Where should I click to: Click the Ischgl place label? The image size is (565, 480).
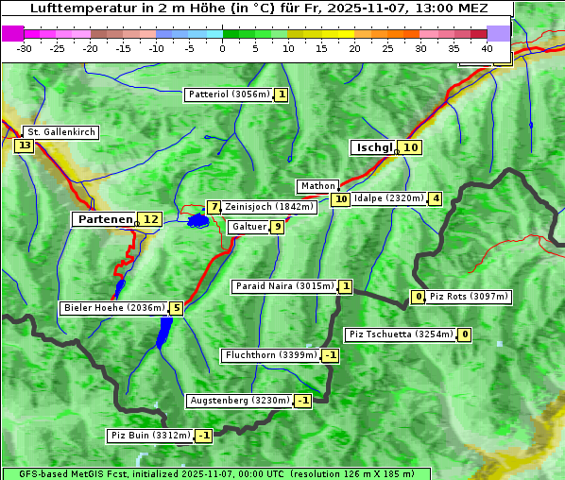click(374, 147)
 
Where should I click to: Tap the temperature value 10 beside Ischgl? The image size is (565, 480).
click(410, 147)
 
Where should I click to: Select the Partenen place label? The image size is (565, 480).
click(104, 219)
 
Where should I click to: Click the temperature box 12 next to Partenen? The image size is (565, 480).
click(149, 219)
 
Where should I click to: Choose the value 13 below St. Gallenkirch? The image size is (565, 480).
click(24, 146)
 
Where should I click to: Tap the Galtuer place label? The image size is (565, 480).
click(248, 227)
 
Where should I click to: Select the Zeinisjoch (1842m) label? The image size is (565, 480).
click(268, 207)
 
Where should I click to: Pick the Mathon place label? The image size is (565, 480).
click(317, 186)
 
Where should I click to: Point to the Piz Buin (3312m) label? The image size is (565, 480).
click(150, 436)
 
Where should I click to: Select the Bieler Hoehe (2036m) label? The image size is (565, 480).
click(113, 308)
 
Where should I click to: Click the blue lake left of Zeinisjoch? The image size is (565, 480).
click(197, 220)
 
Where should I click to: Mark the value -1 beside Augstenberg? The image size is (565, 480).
click(302, 401)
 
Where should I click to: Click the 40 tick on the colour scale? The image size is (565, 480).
click(487, 47)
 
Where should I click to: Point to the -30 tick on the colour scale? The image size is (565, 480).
click(25, 47)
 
